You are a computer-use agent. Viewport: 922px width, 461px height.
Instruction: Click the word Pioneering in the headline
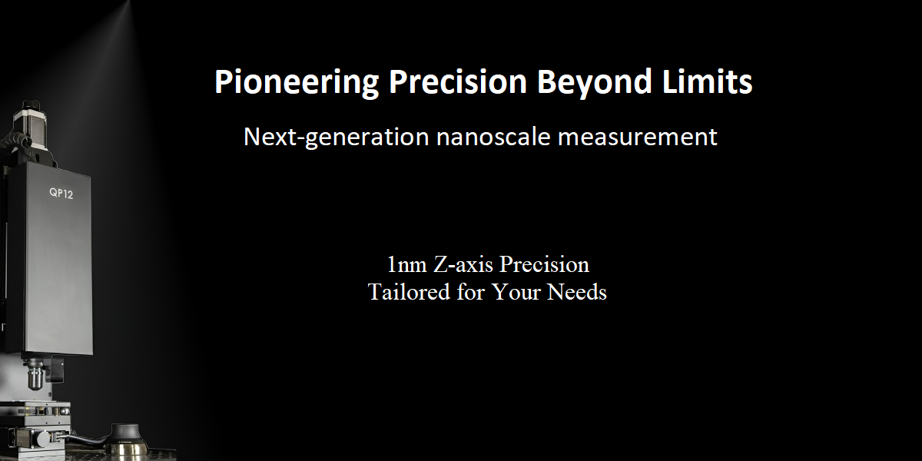[297, 82]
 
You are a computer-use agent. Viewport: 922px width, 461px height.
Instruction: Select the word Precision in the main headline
[458, 81]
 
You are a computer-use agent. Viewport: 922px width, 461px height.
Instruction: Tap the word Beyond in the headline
[595, 82]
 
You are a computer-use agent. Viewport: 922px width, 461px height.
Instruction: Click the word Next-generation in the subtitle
[337, 137]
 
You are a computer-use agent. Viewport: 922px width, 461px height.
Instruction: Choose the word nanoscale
[493, 136]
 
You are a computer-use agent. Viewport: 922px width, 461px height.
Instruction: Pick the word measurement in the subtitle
[638, 138]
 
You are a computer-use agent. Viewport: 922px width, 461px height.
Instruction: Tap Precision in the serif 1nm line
[544, 264]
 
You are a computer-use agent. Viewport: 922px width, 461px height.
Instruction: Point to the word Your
[516, 292]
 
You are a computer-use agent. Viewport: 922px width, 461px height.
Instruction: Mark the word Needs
[577, 292]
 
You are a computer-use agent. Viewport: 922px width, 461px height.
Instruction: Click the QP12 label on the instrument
[61, 193]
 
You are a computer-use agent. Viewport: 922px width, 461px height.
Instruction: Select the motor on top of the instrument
[30, 130]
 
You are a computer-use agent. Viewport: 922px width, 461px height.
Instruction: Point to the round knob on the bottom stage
[43, 439]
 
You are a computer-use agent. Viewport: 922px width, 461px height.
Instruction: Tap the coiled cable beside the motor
[15, 142]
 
